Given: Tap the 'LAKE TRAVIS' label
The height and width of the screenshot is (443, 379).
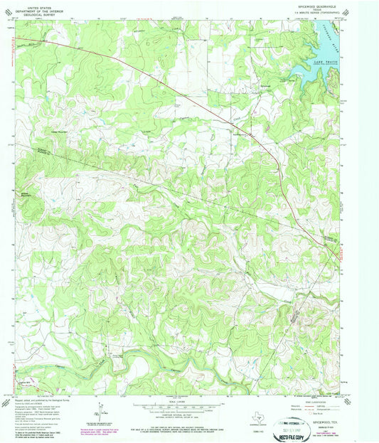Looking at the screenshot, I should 324,63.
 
